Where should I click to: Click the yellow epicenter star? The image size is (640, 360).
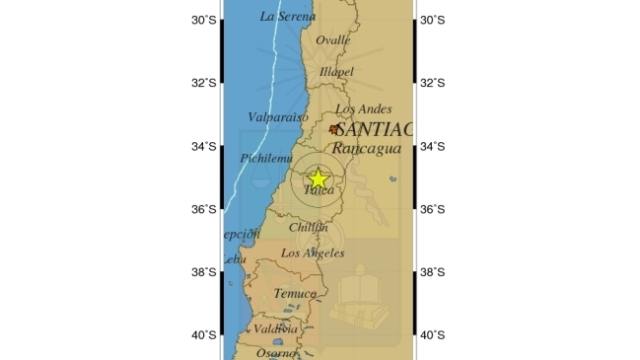319,179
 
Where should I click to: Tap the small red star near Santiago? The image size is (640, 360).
334,128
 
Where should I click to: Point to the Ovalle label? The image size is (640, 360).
332,39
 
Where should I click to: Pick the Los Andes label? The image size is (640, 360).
363,109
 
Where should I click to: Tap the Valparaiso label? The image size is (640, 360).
278,116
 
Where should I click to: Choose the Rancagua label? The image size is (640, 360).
366,148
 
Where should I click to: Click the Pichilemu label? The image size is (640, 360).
266,158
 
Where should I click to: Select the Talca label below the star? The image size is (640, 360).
319,191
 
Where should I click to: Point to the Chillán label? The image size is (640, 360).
310,228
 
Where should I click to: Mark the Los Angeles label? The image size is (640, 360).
313,253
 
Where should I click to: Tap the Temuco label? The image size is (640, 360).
295,293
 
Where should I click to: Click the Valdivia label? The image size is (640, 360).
276,328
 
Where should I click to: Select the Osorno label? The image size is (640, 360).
276,353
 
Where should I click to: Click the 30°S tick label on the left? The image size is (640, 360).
203,20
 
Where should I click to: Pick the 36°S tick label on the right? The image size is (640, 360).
432,209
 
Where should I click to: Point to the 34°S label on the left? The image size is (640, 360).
203,146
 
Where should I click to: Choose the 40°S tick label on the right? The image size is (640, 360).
432,335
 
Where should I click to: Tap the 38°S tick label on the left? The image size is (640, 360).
203,272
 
